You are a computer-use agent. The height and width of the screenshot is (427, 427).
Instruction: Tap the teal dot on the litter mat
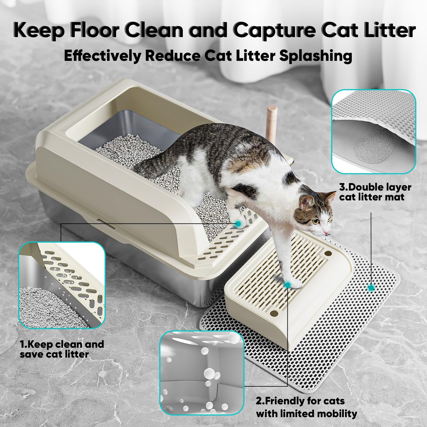coord(371,287)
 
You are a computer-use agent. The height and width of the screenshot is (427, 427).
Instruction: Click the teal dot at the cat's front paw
coord(287,285)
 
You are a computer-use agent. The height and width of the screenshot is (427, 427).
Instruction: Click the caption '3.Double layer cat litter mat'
coord(375,192)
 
